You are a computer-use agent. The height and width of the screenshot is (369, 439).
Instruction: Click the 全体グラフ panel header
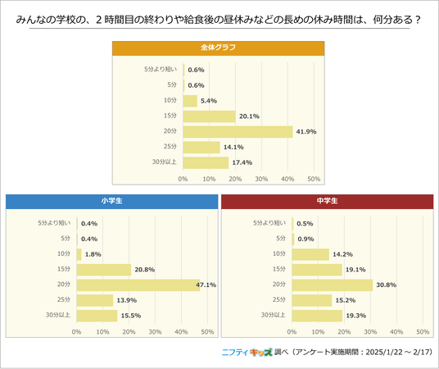point(219,48)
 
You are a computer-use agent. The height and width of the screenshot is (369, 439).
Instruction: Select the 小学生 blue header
point(111,202)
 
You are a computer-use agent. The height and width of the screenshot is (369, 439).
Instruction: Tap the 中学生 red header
point(328,202)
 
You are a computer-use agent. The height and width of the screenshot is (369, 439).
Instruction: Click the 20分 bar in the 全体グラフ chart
point(238,132)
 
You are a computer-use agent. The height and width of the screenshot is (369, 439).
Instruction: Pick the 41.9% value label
point(306,132)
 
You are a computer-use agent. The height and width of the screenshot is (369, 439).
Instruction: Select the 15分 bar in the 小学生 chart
point(104,270)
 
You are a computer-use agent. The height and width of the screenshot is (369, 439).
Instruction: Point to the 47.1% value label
point(206,285)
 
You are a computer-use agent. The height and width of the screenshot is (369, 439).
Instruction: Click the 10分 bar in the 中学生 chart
point(310,254)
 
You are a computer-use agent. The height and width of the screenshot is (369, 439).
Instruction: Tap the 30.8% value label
point(387,285)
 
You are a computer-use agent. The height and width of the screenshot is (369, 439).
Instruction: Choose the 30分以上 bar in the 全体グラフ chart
point(206,162)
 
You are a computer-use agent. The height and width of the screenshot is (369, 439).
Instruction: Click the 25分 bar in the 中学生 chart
point(312,300)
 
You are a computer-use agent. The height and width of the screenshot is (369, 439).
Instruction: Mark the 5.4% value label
point(209,101)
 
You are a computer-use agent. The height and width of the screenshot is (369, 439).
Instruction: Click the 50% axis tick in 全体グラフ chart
point(314,179)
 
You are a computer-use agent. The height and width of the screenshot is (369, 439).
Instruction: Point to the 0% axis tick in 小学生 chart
point(76,332)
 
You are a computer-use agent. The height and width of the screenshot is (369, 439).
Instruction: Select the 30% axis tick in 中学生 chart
point(370,332)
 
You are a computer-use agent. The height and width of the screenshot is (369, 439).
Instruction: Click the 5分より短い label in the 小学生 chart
point(54,223)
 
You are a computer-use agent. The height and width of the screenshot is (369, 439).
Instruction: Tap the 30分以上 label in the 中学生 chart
point(274,315)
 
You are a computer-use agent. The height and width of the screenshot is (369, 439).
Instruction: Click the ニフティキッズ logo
point(247,352)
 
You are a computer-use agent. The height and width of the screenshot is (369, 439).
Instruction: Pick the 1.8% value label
point(93,254)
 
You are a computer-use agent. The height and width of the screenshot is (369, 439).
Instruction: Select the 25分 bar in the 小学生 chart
point(95,300)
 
